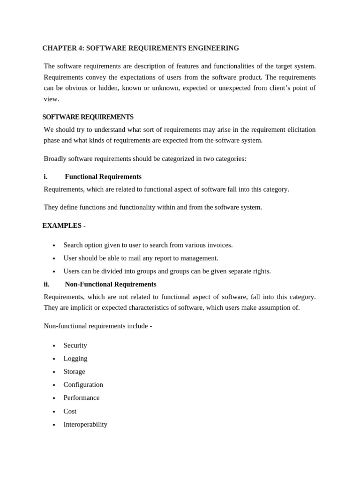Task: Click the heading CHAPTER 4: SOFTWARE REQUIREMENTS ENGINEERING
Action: [141, 48]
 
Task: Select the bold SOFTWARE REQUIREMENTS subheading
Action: [88, 117]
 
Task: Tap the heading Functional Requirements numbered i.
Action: [103, 177]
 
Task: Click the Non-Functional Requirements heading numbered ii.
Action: [111, 285]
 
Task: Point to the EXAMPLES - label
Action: [64, 225]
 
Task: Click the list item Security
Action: [75, 345]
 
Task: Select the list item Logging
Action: [75, 359]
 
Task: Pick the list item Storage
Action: [74, 372]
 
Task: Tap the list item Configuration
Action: [83, 385]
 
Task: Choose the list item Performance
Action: [82, 398]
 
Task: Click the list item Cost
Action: [70, 411]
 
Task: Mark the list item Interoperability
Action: [85, 425]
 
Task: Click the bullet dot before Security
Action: [54, 346]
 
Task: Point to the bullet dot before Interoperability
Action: [54, 425]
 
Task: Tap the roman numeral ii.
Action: [46, 285]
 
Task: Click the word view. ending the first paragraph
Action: [51, 99]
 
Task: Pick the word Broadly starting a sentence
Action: [55, 159]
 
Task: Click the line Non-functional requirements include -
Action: [97, 326]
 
